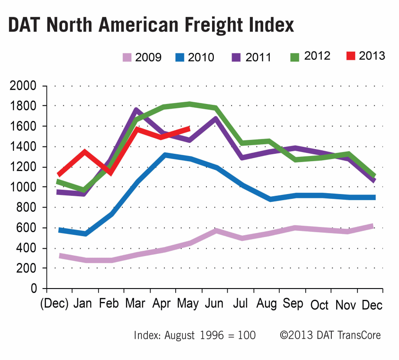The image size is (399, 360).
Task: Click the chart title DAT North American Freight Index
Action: (151, 26)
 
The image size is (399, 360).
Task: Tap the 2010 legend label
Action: (201, 57)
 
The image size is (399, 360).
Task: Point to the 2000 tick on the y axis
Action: (24, 86)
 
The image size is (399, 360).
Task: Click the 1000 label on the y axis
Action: (24, 187)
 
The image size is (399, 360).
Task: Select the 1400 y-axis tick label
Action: (24, 147)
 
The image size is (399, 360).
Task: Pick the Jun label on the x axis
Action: (215, 304)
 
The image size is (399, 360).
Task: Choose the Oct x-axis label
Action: (320, 305)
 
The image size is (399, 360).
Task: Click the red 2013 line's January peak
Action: (84, 152)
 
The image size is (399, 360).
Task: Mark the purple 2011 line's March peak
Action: (136, 110)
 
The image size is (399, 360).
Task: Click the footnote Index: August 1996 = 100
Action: (195, 335)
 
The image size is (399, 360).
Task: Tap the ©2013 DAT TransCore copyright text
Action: (330, 335)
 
